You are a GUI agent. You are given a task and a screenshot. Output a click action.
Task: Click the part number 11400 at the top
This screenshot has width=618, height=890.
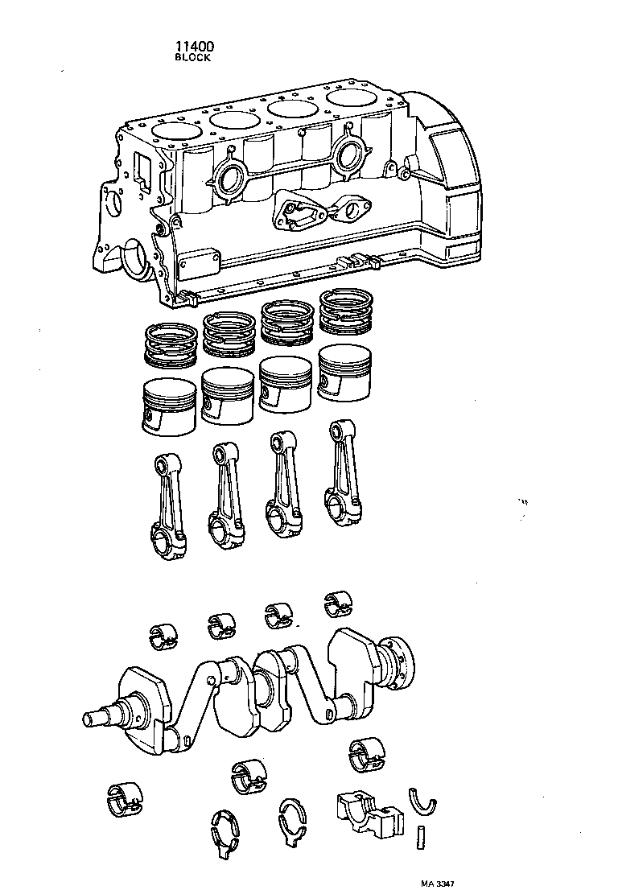pos(193,47)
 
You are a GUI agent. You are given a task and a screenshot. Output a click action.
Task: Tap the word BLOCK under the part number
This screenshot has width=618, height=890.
pos(193,58)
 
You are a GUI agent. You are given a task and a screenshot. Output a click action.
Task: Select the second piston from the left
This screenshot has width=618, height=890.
pos(228,395)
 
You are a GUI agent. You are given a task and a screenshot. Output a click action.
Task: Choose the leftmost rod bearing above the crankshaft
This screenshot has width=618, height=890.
pos(164,634)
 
